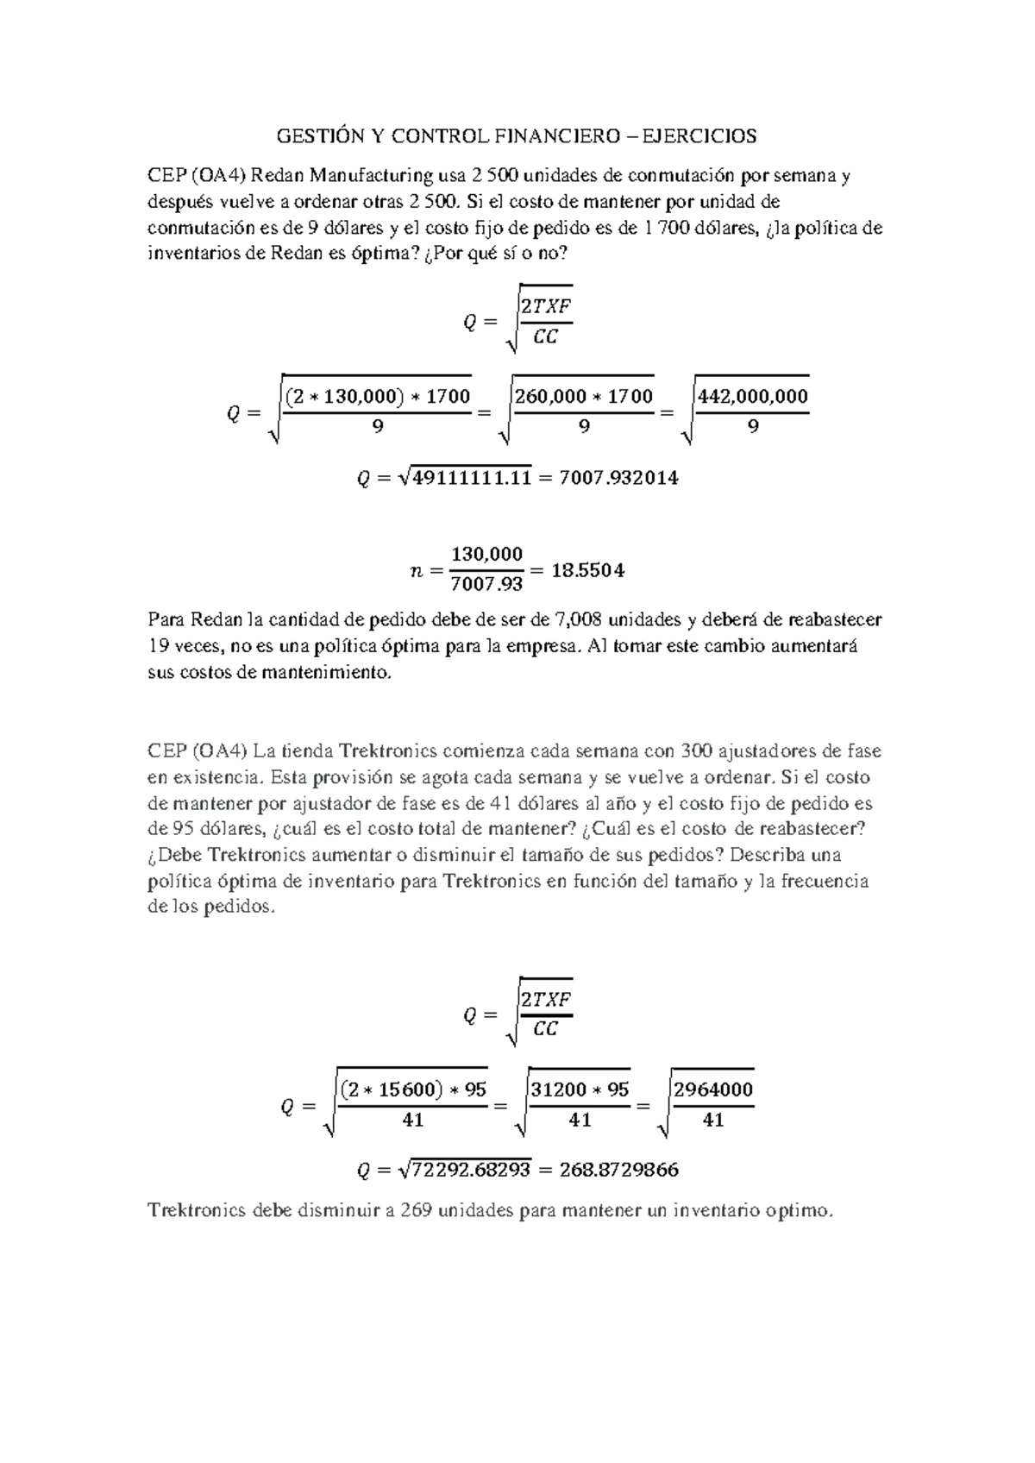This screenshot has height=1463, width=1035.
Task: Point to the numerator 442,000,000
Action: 752,397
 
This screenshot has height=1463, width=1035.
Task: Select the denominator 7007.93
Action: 486,585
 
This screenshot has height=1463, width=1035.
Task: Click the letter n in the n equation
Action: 415,570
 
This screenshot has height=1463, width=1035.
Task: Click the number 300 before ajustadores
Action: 696,750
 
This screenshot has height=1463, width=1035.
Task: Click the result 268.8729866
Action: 618,1171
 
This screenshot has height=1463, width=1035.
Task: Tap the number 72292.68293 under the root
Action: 471,1171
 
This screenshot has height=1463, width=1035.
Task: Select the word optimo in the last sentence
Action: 800,1210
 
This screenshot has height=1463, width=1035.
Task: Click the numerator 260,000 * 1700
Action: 584,397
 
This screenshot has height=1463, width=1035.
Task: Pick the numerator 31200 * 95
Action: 580,1089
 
